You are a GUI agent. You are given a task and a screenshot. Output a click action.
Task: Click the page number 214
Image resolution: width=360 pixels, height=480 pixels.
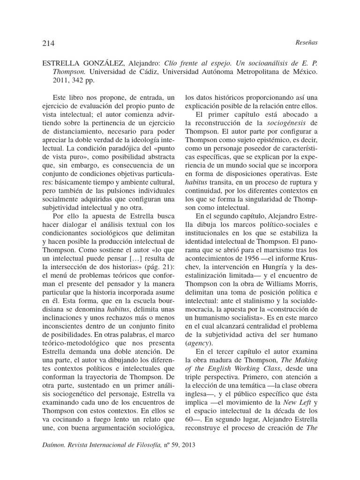(x=48, y=43)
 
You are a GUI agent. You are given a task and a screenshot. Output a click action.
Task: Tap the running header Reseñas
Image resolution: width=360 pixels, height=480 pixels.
(x=307, y=43)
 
